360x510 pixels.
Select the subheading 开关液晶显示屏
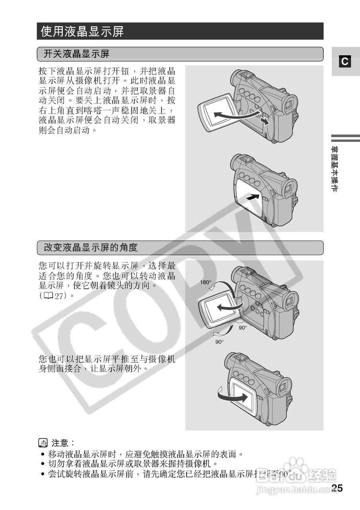[77, 54]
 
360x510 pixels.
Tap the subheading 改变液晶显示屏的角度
[90, 248]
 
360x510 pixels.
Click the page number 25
[337, 488]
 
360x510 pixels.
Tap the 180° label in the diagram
[205, 282]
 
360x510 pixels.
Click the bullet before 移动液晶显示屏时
[43, 454]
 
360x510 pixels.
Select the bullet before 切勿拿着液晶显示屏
[43, 464]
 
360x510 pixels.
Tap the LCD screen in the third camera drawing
[219, 308]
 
